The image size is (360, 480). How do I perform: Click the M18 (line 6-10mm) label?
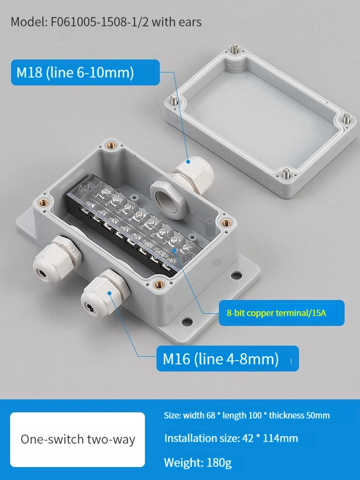(x=85, y=72)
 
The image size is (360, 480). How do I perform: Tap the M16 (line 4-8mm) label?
(x=228, y=359)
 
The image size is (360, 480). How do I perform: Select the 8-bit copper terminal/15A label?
(x=281, y=313)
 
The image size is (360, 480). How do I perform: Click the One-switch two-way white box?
(x=77, y=439)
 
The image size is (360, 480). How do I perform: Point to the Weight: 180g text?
(x=198, y=462)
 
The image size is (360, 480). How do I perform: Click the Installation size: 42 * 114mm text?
(x=231, y=438)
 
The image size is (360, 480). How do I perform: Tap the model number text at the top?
(x=106, y=22)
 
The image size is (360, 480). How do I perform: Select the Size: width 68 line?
(x=247, y=415)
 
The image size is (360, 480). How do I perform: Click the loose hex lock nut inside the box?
(x=168, y=199)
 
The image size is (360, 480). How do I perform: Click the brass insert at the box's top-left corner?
(x=110, y=146)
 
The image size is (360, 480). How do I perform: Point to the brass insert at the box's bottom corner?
(x=158, y=285)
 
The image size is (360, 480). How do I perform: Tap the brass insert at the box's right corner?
(x=227, y=223)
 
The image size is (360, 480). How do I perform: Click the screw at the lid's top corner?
(x=235, y=48)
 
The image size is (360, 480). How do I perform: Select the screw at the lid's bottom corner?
(x=286, y=173)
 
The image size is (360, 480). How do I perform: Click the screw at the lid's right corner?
(x=346, y=119)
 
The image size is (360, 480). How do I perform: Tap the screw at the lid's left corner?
(x=174, y=99)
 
